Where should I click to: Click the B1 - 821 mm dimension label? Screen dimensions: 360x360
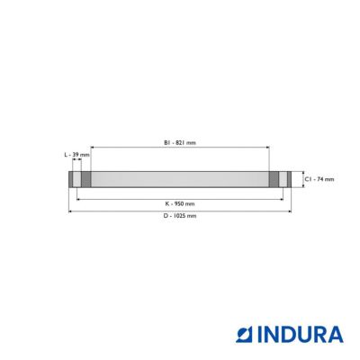pos(180,143)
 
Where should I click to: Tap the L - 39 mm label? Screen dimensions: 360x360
pos(77,155)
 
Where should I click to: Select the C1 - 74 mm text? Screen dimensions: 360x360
pos(319,179)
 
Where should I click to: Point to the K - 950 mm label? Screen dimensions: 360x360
pos(180,203)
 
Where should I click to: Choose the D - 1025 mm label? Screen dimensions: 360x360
pos(180,215)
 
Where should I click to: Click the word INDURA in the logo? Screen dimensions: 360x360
pos(301,335)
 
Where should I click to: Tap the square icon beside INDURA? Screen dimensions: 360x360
pos(245,335)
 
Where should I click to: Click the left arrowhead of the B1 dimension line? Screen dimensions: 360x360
pos(92,148)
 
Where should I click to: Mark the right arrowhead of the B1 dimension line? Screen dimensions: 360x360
pos(267,148)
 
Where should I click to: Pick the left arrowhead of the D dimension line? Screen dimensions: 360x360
pos(70,211)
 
